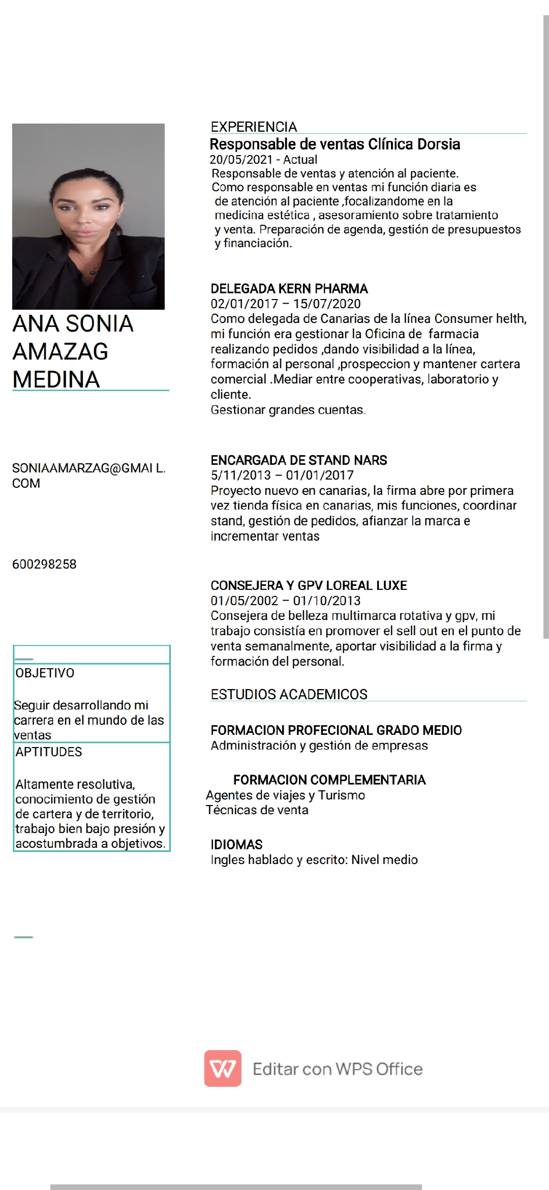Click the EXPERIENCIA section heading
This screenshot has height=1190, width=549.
[254, 127]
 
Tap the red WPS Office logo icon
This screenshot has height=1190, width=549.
[223, 1068]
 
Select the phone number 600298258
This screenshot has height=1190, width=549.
[44, 564]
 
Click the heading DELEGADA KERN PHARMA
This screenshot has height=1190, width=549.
[289, 289]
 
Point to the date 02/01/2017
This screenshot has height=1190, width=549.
[244, 304]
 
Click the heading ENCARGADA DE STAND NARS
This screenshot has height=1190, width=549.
[298, 460]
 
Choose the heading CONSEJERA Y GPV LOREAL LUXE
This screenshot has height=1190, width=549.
[309, 585]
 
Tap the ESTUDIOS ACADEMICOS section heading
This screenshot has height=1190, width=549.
[289, 694]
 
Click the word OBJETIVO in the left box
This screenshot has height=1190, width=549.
[45, 673]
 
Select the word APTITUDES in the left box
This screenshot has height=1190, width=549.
[48, 752]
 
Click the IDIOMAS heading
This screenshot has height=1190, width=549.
[236, 845]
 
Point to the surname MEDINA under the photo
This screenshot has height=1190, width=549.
[56, 379]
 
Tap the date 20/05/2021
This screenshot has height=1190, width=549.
[241, 160]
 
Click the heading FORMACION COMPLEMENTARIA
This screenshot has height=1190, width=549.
[329, 780]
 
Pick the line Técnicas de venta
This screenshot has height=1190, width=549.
[257, 810]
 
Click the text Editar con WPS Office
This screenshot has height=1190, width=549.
[338, 1069]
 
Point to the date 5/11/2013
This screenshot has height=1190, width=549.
[240, 475]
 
